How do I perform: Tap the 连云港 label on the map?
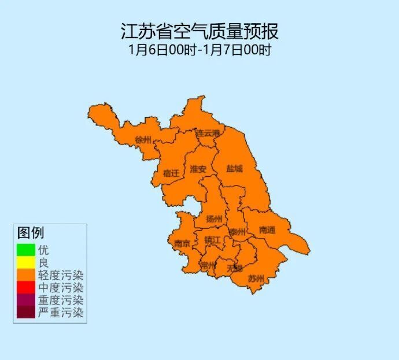[208, 133]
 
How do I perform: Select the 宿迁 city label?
[171, 173]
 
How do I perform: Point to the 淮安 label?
[198, 169]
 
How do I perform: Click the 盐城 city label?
[234, 169]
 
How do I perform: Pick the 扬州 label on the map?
[213, 219]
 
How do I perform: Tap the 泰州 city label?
[237, 232]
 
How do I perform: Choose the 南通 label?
[267, 230]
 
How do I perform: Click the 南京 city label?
[182, 244]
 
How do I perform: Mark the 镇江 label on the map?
[212, 240]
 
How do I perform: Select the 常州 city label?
[207, 266]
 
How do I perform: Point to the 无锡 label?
[234, 268]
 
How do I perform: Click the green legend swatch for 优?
[25, 250]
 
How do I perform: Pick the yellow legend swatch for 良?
[25, 263]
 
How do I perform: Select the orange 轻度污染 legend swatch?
[25, 275]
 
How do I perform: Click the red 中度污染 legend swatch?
[25, 288]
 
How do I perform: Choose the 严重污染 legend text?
[61, 313]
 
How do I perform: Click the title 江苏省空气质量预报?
[199, 30]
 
